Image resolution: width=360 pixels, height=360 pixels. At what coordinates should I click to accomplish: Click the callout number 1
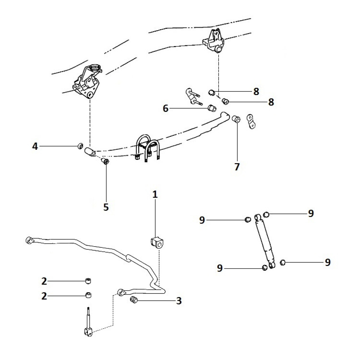coord(155,195)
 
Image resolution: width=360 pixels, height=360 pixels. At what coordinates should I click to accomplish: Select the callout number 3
coord(179,301)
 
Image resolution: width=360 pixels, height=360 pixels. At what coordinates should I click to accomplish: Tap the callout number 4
coord(35,146)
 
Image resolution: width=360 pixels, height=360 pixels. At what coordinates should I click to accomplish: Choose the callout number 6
coord(166,108)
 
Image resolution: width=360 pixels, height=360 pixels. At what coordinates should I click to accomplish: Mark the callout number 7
coord(237,167)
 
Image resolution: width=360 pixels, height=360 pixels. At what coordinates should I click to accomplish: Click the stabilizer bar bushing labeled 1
coord(156,242)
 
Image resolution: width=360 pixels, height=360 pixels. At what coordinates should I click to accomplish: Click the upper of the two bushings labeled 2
coord(88,280)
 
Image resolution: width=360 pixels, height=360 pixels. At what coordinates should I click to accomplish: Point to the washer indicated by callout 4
coord(81,146)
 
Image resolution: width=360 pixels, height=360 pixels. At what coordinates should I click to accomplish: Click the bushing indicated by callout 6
coord(212,107)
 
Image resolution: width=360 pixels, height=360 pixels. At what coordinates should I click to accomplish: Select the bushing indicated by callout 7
coord(236,119)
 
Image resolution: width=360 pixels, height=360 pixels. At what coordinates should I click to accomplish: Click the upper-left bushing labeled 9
coord(248,220)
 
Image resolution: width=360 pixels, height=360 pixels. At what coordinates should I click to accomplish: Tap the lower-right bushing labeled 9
coord(283,262)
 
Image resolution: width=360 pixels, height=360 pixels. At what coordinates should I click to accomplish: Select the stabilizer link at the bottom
coord(89,324)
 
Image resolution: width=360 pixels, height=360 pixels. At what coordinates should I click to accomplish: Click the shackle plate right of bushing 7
coord(251,121)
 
